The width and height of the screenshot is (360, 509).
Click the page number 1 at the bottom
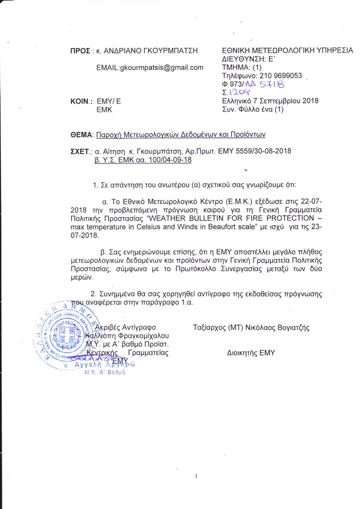[x=197, y=476]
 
